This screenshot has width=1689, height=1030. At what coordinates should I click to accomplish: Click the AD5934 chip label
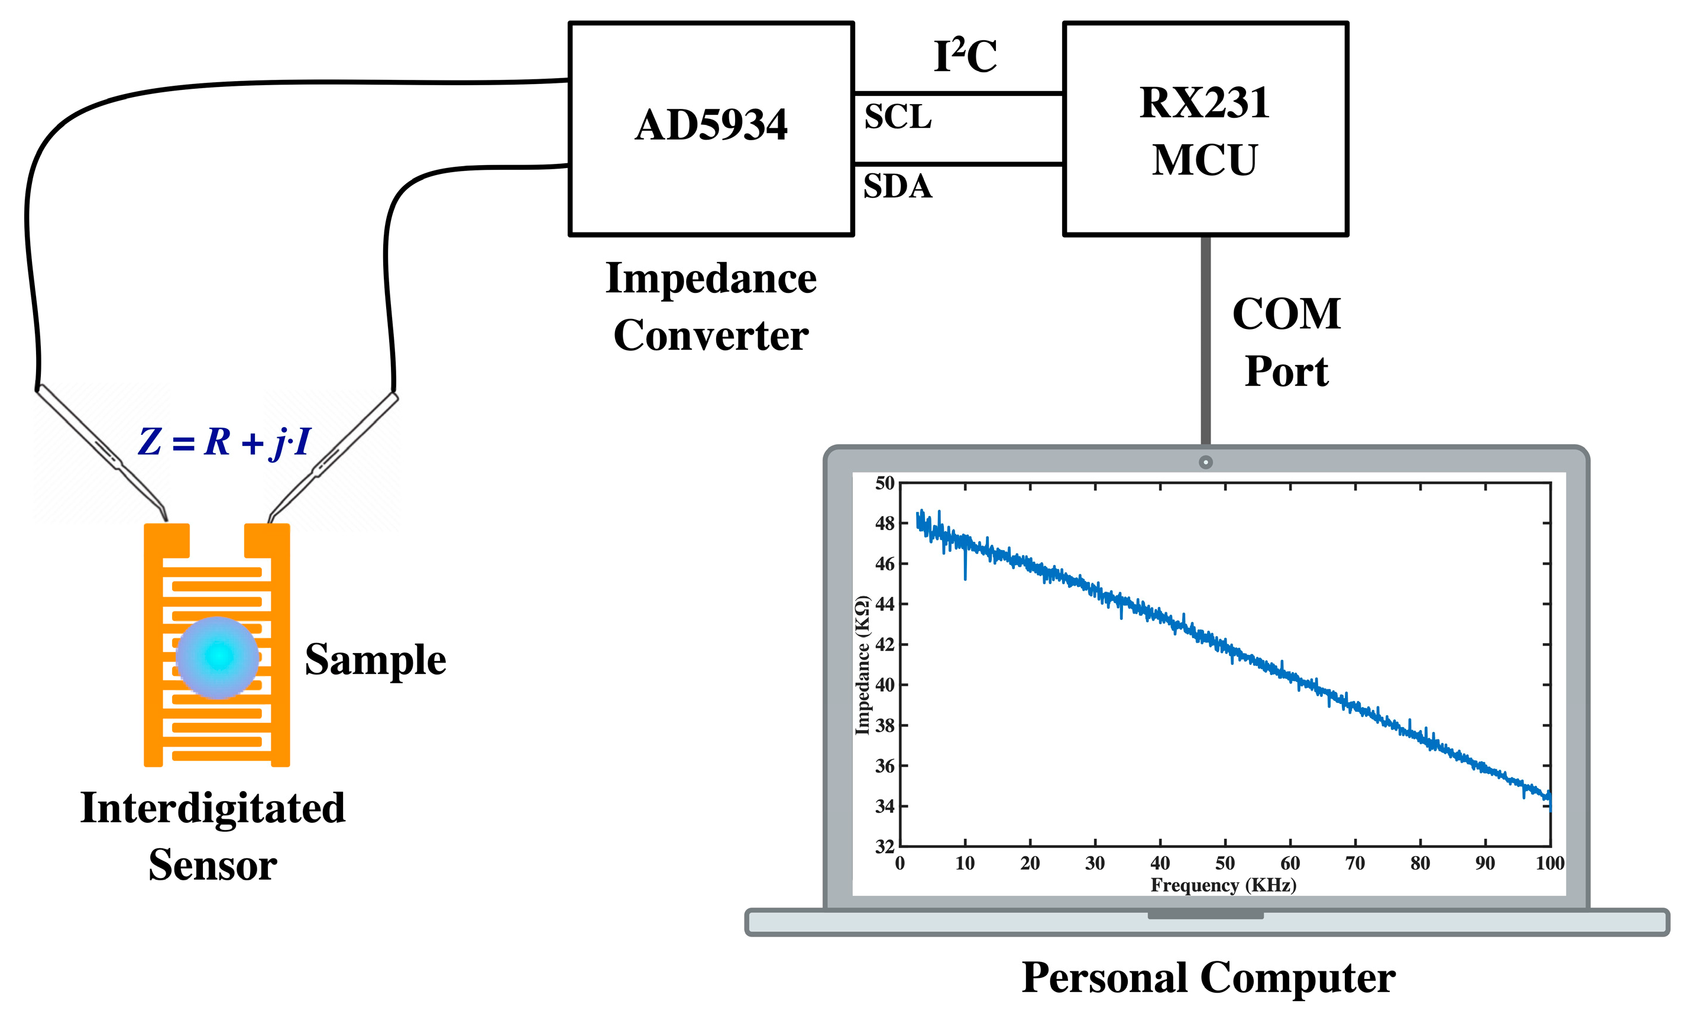click(x=711, y=125)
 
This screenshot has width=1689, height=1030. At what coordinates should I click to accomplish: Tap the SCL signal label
click(x=897, y=117)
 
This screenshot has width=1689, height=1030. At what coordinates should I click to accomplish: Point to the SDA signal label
click(x=897, y=186)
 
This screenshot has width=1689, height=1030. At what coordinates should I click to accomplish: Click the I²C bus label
click(x=965, y=56)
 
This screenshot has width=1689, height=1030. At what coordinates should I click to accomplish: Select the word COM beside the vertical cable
click(x=1286, y=314)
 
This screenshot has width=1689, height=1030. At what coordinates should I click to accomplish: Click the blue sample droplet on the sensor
click(x=217, y=657)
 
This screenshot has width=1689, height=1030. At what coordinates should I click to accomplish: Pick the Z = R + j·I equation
click(x=224, y=441)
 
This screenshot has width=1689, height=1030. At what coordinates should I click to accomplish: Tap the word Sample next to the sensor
click(x=376, y=660)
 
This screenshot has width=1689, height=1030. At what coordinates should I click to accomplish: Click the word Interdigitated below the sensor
click(x=212, y=808)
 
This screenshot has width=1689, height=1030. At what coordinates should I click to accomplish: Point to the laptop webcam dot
click(x=1205, y=462)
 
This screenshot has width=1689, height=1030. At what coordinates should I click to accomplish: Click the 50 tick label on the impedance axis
click(x=884, y=483)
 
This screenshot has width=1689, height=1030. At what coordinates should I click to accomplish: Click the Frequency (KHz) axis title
click(x=1223, y=885)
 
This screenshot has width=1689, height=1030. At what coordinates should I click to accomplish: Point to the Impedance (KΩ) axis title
click(x=862, y=665)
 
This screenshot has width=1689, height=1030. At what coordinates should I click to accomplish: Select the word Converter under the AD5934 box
click(x=711, y=336)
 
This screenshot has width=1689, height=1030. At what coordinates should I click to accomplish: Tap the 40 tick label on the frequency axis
click(x=1160, y=863)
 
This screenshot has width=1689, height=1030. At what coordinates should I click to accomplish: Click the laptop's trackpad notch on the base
click(x=1205, y=915)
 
